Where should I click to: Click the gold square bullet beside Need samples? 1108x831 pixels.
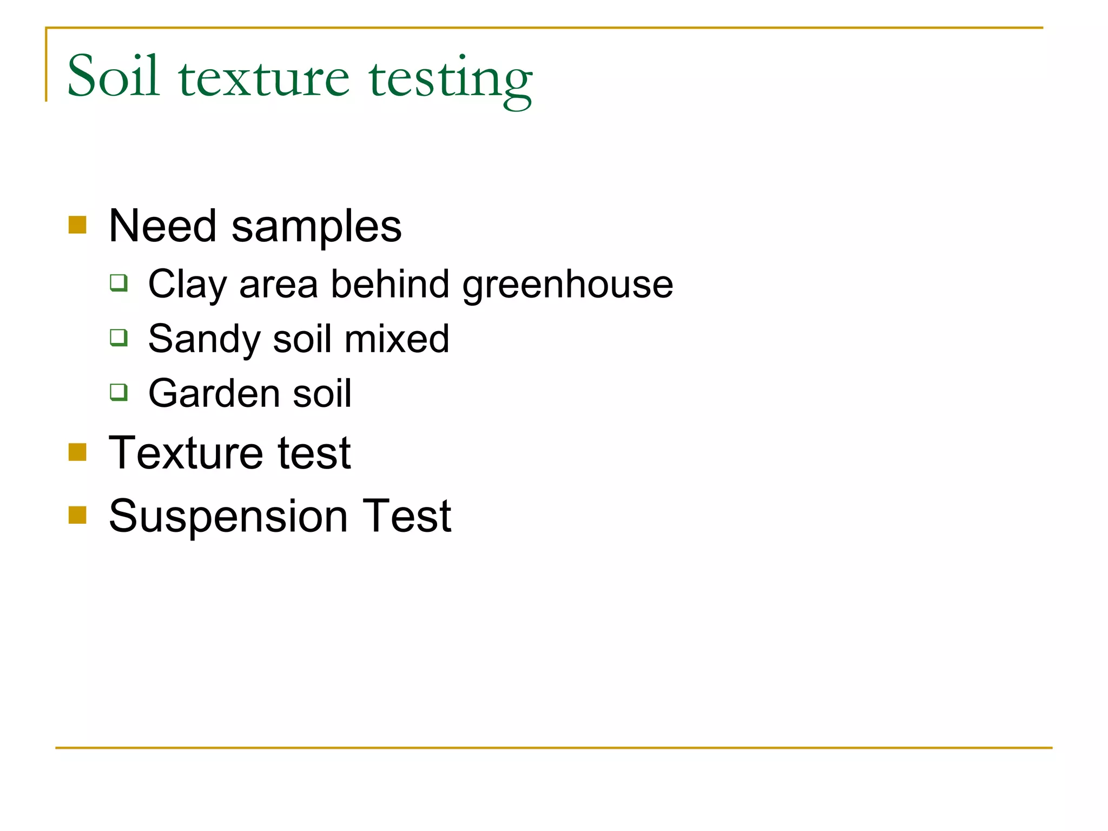77,225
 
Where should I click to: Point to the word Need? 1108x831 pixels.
162,226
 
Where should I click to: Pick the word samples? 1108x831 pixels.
316,227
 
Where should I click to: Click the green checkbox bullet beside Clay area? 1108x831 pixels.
118,282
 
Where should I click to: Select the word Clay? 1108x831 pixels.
187,285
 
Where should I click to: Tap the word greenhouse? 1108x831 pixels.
568,285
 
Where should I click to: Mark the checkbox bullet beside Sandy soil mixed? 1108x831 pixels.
118,337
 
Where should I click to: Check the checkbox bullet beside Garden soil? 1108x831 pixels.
118,392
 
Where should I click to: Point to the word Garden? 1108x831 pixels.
214,393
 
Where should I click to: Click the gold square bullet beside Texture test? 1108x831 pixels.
77,452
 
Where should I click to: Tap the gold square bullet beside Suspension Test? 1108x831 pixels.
77,515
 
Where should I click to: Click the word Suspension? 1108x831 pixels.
228,517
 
